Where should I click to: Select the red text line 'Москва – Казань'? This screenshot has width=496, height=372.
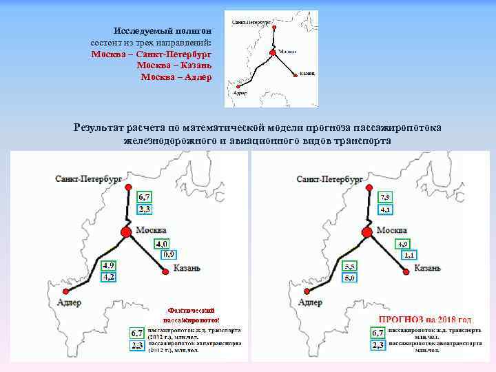pyautogui.click(x=174, y=65)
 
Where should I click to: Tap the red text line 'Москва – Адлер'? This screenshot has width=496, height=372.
pyautogui.click(x=176, y=76)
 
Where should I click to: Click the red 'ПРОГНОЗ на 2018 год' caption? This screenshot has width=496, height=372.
pyautogui.click(x=426, y=320)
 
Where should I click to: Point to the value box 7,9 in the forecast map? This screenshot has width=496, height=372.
pyautogui.click(x=386, y=196)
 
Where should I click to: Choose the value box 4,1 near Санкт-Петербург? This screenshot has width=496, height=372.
pyautogui.click(x=386, y=209)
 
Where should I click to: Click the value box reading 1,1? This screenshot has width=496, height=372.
pyautogui.click(x=408, y=256)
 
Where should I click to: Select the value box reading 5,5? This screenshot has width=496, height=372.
pyautogui.click(x=350, y=266)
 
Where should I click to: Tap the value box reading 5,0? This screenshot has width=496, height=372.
pyautogui.click(x=350, y=278)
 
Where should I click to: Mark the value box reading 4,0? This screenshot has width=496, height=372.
pyautogui.click(x=163, y=243)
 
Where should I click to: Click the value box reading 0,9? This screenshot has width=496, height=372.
pyautogui.click(x=167, y=255)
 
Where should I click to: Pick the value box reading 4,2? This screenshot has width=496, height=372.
pyautogui.click(x=109, y=277)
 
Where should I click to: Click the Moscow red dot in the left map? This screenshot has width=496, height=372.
pyautogui.click(x=127, y=232)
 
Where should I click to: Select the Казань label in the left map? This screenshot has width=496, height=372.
pyautogui.click(x=187, y=268)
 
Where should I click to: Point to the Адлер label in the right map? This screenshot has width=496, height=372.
pyautogui.click(x=310, y=302)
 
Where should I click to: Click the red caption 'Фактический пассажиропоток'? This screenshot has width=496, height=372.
pyautogui.click(x=192, y=315)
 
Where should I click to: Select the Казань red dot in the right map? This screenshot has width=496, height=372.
pyautogui.click(x=406, y=271)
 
